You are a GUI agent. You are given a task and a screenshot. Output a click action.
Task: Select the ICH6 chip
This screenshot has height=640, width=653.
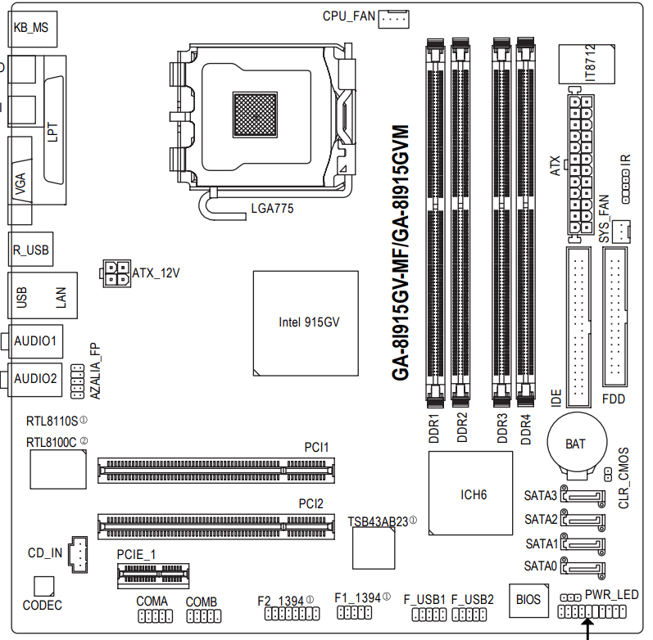click(474, 495)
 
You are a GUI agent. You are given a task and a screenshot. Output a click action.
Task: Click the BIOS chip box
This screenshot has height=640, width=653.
click(528, 600)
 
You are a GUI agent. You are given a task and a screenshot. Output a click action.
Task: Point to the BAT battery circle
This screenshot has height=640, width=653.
click(576, 444)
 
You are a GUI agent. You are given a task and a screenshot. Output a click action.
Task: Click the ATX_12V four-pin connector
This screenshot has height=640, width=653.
click(116, 273)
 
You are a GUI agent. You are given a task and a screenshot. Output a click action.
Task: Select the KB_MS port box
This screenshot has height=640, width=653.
click(31, 27)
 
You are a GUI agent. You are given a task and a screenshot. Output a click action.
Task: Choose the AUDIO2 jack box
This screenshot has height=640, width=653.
click(35, 378)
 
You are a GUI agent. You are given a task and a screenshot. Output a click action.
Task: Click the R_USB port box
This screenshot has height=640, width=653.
click(31, 250)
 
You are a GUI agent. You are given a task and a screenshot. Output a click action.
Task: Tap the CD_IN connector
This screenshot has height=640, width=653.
click(79, 553)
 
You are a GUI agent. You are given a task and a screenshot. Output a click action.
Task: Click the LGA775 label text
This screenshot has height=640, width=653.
click(272, 209)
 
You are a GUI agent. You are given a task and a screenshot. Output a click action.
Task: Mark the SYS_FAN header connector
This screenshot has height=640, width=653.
click(623, 230)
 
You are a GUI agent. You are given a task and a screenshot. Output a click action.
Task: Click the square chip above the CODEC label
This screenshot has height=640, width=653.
click(43, 586)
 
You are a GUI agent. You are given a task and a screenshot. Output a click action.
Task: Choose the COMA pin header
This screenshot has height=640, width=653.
click(152, 618)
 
